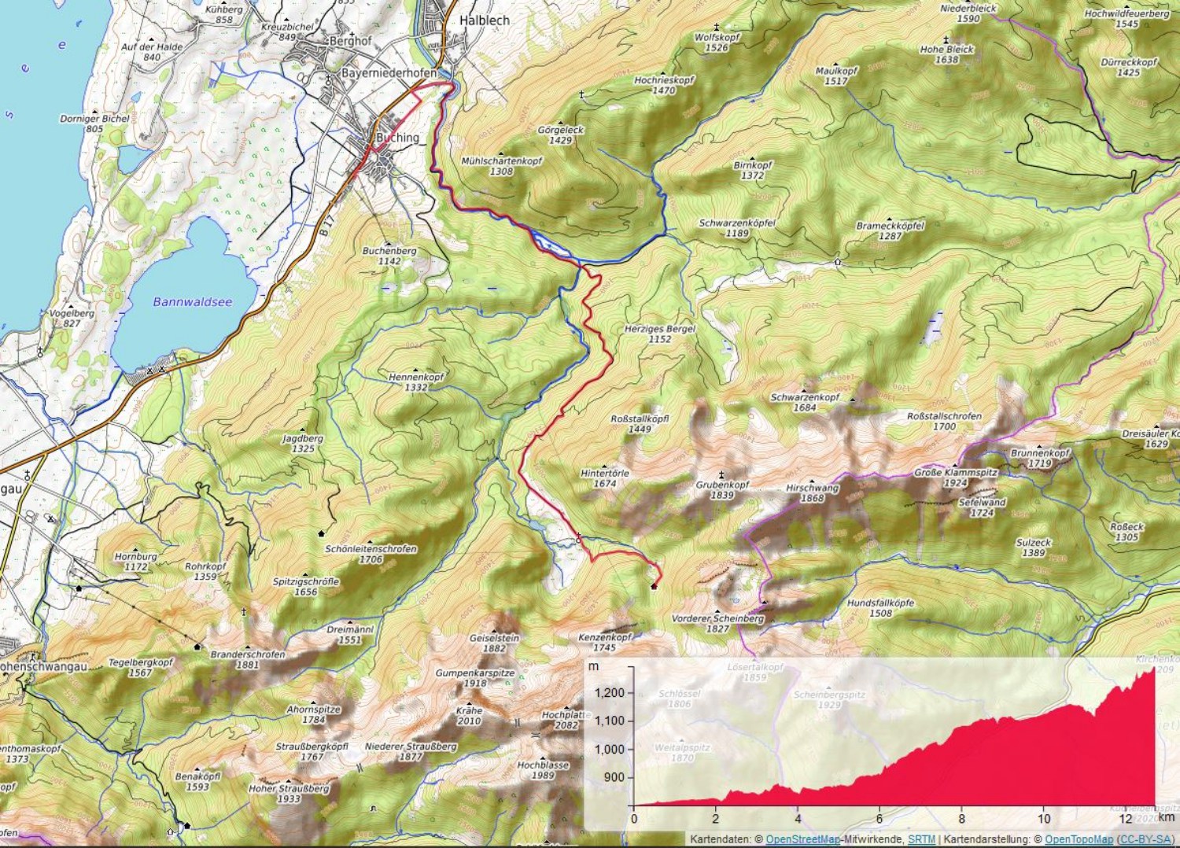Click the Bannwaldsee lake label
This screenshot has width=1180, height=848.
coord(192,302)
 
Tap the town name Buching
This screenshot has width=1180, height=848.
coord(397,138)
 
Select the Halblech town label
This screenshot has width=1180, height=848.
coord(484,20)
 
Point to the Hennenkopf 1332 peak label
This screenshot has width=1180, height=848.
coord(416,382)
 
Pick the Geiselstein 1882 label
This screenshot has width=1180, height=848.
coord(494,643)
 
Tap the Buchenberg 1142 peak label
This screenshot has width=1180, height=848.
coord(389,256)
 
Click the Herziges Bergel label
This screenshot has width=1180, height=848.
coord(659,334)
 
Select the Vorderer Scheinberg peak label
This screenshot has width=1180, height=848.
coord(717,623)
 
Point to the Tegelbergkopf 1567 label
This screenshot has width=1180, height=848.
coord(140,667)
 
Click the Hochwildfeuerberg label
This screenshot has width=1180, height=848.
coord(1127,18)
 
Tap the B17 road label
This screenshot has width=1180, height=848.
coord(327,229)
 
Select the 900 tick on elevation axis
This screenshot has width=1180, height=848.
coord(614,777)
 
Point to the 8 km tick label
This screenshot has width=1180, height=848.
coord(961,819)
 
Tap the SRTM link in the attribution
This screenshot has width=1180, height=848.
coord(921,839)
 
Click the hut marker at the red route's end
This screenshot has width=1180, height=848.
coord(654,586)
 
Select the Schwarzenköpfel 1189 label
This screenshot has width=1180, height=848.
coord(736,228)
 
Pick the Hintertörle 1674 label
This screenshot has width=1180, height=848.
coord(604,478)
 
